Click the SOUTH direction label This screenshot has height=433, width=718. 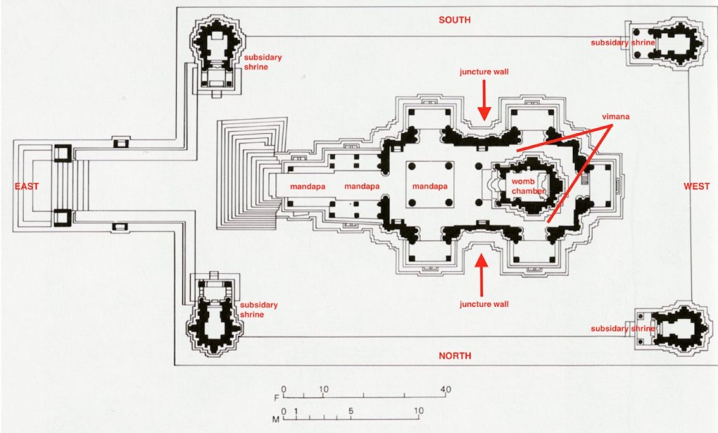pos(454,20)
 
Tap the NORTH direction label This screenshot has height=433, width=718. pos(454,356)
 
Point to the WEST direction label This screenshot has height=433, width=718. pos(697,186)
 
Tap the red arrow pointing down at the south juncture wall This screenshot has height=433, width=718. pos(483,99)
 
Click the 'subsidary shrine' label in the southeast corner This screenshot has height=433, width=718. pos(263,62)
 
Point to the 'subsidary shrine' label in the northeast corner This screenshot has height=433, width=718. pos(259,310)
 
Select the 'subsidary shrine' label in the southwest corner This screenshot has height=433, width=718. pos(623,43)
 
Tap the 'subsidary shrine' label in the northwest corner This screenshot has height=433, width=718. pos(623,329)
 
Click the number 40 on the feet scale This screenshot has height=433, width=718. pos(445,390)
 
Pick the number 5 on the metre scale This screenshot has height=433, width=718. pos(350,411)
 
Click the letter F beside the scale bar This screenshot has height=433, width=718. pos(276,398)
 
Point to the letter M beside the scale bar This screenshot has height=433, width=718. pos(276,420)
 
